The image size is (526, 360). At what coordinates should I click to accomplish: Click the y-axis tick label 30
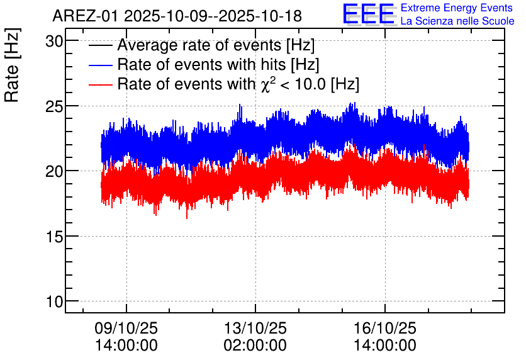55,41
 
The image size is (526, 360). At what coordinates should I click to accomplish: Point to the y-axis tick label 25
55,106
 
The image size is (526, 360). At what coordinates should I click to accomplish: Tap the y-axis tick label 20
55,171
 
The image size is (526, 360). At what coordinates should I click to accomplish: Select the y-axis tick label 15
55,237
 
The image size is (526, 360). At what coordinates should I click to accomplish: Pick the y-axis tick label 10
55,302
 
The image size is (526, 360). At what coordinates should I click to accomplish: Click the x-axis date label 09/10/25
126,329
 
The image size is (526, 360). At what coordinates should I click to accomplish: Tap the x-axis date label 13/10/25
255,329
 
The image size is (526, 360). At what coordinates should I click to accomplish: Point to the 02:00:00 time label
255,346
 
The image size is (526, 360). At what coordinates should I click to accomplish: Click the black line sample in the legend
101,46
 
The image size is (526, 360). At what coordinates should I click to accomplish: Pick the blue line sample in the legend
101,65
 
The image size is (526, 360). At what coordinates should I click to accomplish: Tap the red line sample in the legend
101,84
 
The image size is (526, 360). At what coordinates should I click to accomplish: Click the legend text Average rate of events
199,46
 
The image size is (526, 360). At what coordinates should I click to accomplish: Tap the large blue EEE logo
369,14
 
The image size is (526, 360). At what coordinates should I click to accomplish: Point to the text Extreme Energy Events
457,8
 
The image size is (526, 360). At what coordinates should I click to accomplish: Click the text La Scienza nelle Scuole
457,21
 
